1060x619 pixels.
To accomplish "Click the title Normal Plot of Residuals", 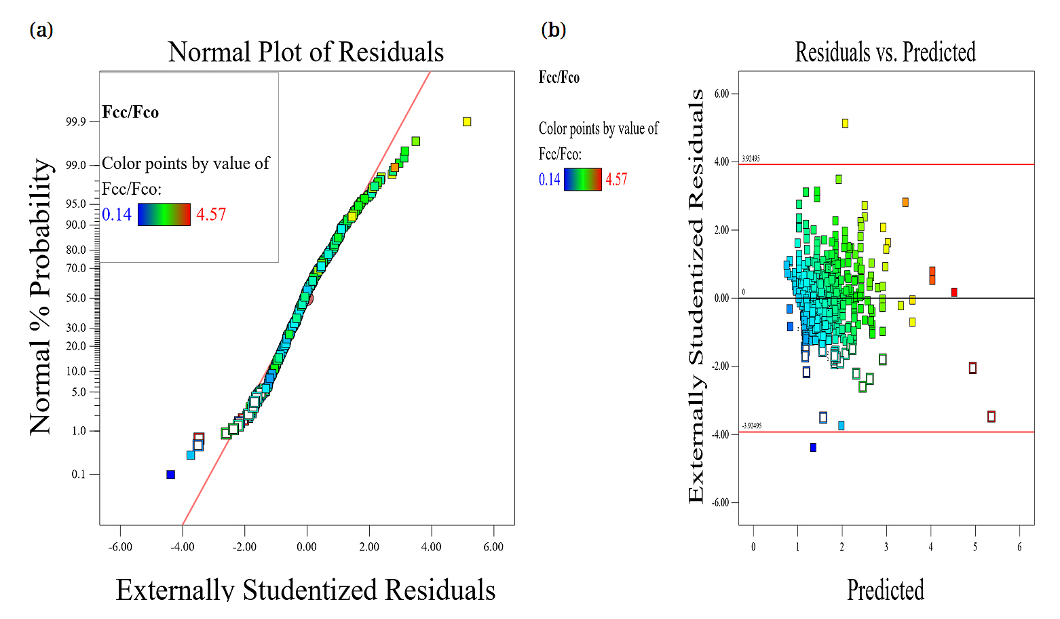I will (306, 52).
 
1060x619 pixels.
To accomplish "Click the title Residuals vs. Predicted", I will (885, 52).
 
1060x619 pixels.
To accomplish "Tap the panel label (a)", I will (41, 30).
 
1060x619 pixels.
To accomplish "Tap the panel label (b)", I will (553, 30).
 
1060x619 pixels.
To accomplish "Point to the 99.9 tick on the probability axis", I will (75, 122).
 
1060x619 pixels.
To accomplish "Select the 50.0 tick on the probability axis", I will (75, 298).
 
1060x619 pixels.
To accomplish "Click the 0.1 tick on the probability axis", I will (79, 474).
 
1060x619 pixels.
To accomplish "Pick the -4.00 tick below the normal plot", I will (182, 547).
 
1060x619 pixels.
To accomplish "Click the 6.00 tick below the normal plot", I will (493, 547).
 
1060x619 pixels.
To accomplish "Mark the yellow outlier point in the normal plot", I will (467, 121).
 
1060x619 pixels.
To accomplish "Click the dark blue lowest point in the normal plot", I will (170, 474).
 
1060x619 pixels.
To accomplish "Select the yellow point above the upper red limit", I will (845, 123).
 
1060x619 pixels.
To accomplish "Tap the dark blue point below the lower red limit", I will (813, 447).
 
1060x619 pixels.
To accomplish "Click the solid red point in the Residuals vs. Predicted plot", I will (954, 292).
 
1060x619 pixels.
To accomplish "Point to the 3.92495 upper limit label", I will (751, 159).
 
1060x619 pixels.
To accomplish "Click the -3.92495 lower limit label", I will (751, 426).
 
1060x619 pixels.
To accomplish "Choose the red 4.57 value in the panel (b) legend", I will (616, 180).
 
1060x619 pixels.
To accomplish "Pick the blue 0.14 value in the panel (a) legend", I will (117, 214).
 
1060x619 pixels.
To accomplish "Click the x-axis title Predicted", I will (885, 590).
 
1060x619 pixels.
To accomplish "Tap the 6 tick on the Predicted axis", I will (1019, 547).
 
